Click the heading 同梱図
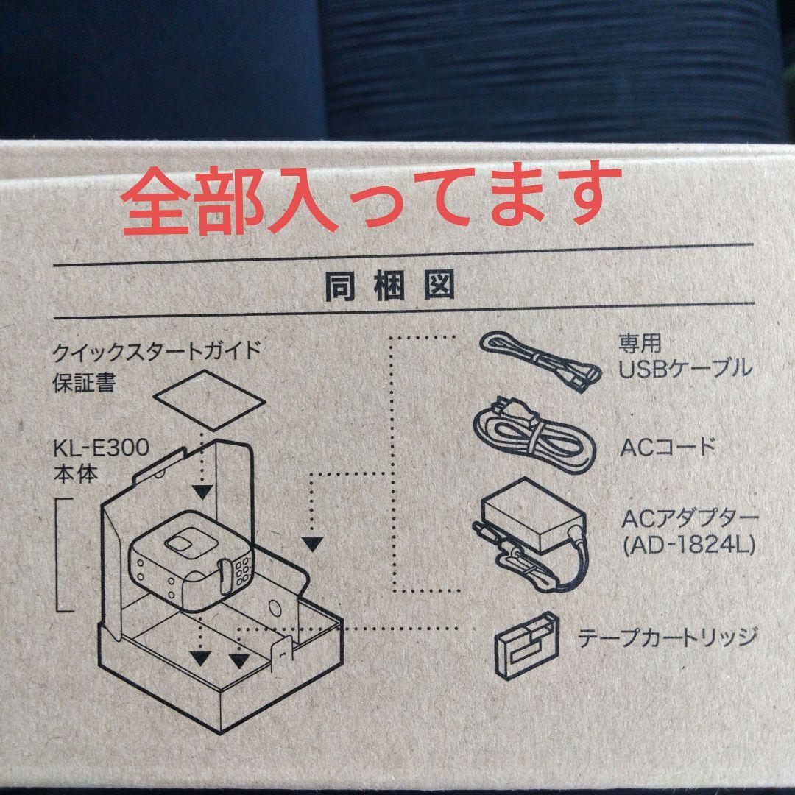[389, 287]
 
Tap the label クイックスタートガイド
[157, 351]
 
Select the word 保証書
[84, 382]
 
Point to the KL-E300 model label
[102, 448]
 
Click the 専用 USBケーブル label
[685, 356]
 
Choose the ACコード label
[668, 448]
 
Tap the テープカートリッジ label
[668, 637]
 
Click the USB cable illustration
[540, 361]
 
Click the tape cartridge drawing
[526, 645]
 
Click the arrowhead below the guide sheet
[203, 492]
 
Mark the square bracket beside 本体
[64, 555]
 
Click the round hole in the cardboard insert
[275, 609]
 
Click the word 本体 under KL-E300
[76, 473]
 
